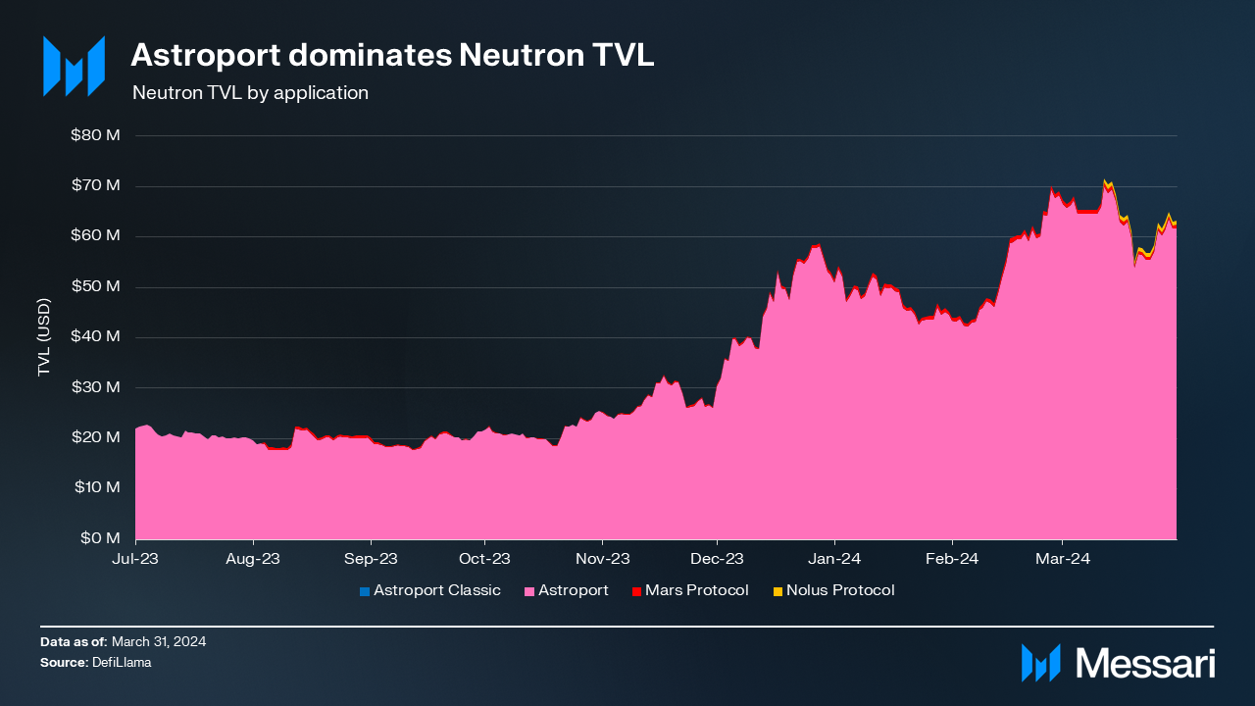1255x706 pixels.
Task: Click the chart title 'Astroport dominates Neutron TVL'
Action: (x=392, y=55)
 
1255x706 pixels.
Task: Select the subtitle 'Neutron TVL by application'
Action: (x=250, y=93)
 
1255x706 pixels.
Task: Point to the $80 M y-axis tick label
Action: (x=95, y=135)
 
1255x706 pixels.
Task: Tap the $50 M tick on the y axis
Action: (x=95, y=286)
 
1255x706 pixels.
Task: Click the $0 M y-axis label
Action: (x=100, y=538)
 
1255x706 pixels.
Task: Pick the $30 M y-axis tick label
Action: (x=95, y=387)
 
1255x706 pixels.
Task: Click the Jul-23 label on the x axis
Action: (x=135, y=559)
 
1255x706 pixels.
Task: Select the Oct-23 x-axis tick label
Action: (x=485, y=559)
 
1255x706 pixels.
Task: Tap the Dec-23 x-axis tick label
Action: (x=717, y=559)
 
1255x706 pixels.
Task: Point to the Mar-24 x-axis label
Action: (x=1064, y=559)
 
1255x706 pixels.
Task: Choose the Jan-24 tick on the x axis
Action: (x=834, y=559)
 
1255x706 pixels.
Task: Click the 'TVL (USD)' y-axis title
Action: (x=44, y=337)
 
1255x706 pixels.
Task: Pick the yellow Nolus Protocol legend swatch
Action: (x=778, y=591)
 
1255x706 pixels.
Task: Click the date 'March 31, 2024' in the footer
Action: (x=159, y=642)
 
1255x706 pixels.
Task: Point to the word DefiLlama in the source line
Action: (x=123, y=663)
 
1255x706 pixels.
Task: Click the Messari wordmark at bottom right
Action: (x=1145, y=664)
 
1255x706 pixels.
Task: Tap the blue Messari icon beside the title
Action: (x=74, y=67)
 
